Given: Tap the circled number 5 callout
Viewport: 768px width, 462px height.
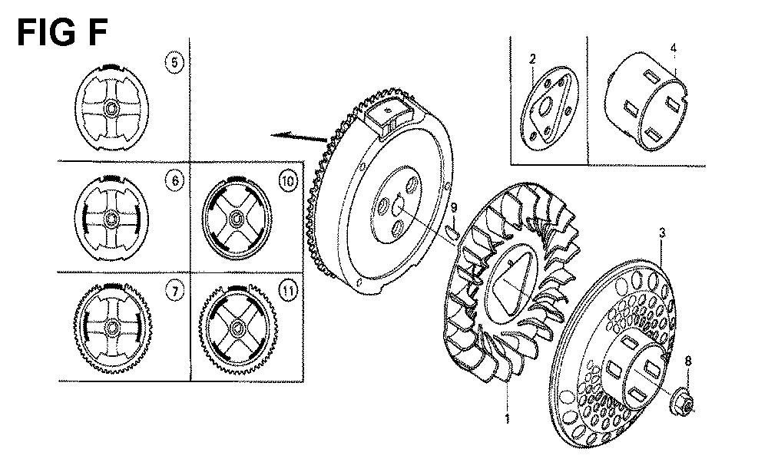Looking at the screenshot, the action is coord(174,63).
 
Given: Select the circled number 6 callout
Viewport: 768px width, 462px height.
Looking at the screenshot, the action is coord(175,180).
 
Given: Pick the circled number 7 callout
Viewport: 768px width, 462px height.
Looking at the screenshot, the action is coord(175,292).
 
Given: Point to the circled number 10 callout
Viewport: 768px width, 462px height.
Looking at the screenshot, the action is coord(289,182).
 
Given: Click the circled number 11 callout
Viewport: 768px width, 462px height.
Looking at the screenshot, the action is coord(289,292).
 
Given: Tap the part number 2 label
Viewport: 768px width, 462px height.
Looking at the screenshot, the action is coord(532,59).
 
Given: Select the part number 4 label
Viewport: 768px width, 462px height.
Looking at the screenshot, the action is coord(674,48).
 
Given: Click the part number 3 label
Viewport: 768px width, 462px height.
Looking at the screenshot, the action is coord(662,233).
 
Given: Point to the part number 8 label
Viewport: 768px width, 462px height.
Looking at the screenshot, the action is coord(688,361).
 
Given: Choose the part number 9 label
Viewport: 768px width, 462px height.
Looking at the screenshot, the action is coord(454,208).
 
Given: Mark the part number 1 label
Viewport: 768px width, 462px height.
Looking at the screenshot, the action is coord(507,418).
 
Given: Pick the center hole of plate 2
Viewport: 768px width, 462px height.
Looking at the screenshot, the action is coord(547,104).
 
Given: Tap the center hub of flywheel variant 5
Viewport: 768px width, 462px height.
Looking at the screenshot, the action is coord(112,107).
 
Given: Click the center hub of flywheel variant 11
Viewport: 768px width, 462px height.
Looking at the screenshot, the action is coord(239,327).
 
